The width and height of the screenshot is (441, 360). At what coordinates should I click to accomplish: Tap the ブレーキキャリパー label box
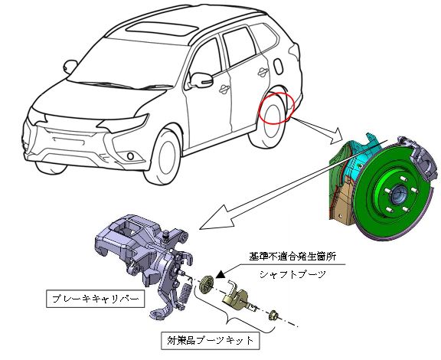[96, 299]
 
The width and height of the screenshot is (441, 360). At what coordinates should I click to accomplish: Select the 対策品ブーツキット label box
[210, 341]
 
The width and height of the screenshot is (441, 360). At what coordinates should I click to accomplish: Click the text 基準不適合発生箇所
[292, 257]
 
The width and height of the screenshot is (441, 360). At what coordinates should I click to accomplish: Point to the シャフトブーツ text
[292, 274]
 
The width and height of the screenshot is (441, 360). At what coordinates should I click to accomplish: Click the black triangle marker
[220, 274]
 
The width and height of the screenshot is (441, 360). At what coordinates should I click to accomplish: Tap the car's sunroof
[162, 28]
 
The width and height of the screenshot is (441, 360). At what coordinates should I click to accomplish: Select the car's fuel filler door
[279, 67]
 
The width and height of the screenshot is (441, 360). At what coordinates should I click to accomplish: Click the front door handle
[224, 90]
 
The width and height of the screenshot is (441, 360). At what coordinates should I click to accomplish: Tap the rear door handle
[263, 72]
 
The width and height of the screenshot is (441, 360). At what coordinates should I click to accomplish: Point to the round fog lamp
[130, 156]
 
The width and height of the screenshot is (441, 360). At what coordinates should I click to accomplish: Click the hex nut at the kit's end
[273, 315]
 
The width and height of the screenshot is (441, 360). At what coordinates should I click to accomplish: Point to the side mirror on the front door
[201, 80]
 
